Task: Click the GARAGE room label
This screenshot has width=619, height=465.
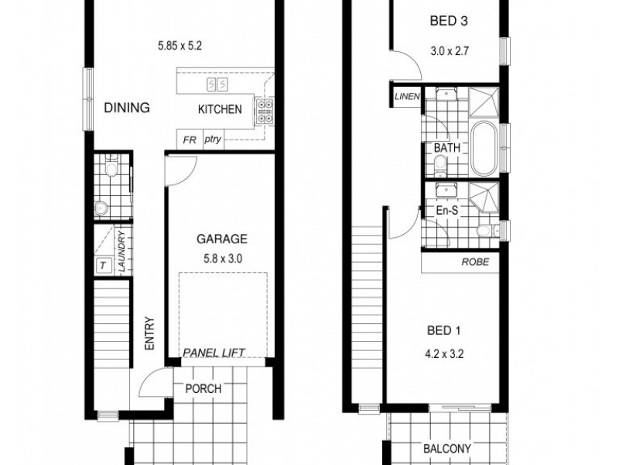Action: (x=221, y=239)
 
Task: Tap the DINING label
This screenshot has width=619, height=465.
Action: (x=126, y=108)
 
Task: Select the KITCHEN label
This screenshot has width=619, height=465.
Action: (x=220, y=109)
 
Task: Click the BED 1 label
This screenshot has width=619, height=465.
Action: (x=444, y=331)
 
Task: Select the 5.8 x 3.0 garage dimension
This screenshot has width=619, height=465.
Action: (x=221, y=260)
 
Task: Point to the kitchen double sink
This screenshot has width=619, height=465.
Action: (x=217, y=83)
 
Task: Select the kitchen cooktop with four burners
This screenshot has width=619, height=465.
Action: (x=264, y=114)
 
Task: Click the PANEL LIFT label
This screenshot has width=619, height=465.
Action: (x=214, y=353)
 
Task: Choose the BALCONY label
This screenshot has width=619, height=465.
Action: (x=448, y=449)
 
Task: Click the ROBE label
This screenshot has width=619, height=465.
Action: (x=475, y=261)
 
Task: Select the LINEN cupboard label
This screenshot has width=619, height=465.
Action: (x=406, y=96)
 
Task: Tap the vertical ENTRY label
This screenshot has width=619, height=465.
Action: (x=150, y=333)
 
